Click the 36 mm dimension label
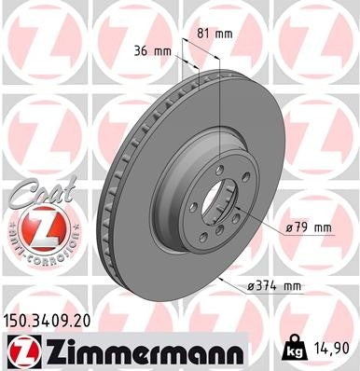[x=149, y=50]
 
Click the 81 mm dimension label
[x=215, y=34]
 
